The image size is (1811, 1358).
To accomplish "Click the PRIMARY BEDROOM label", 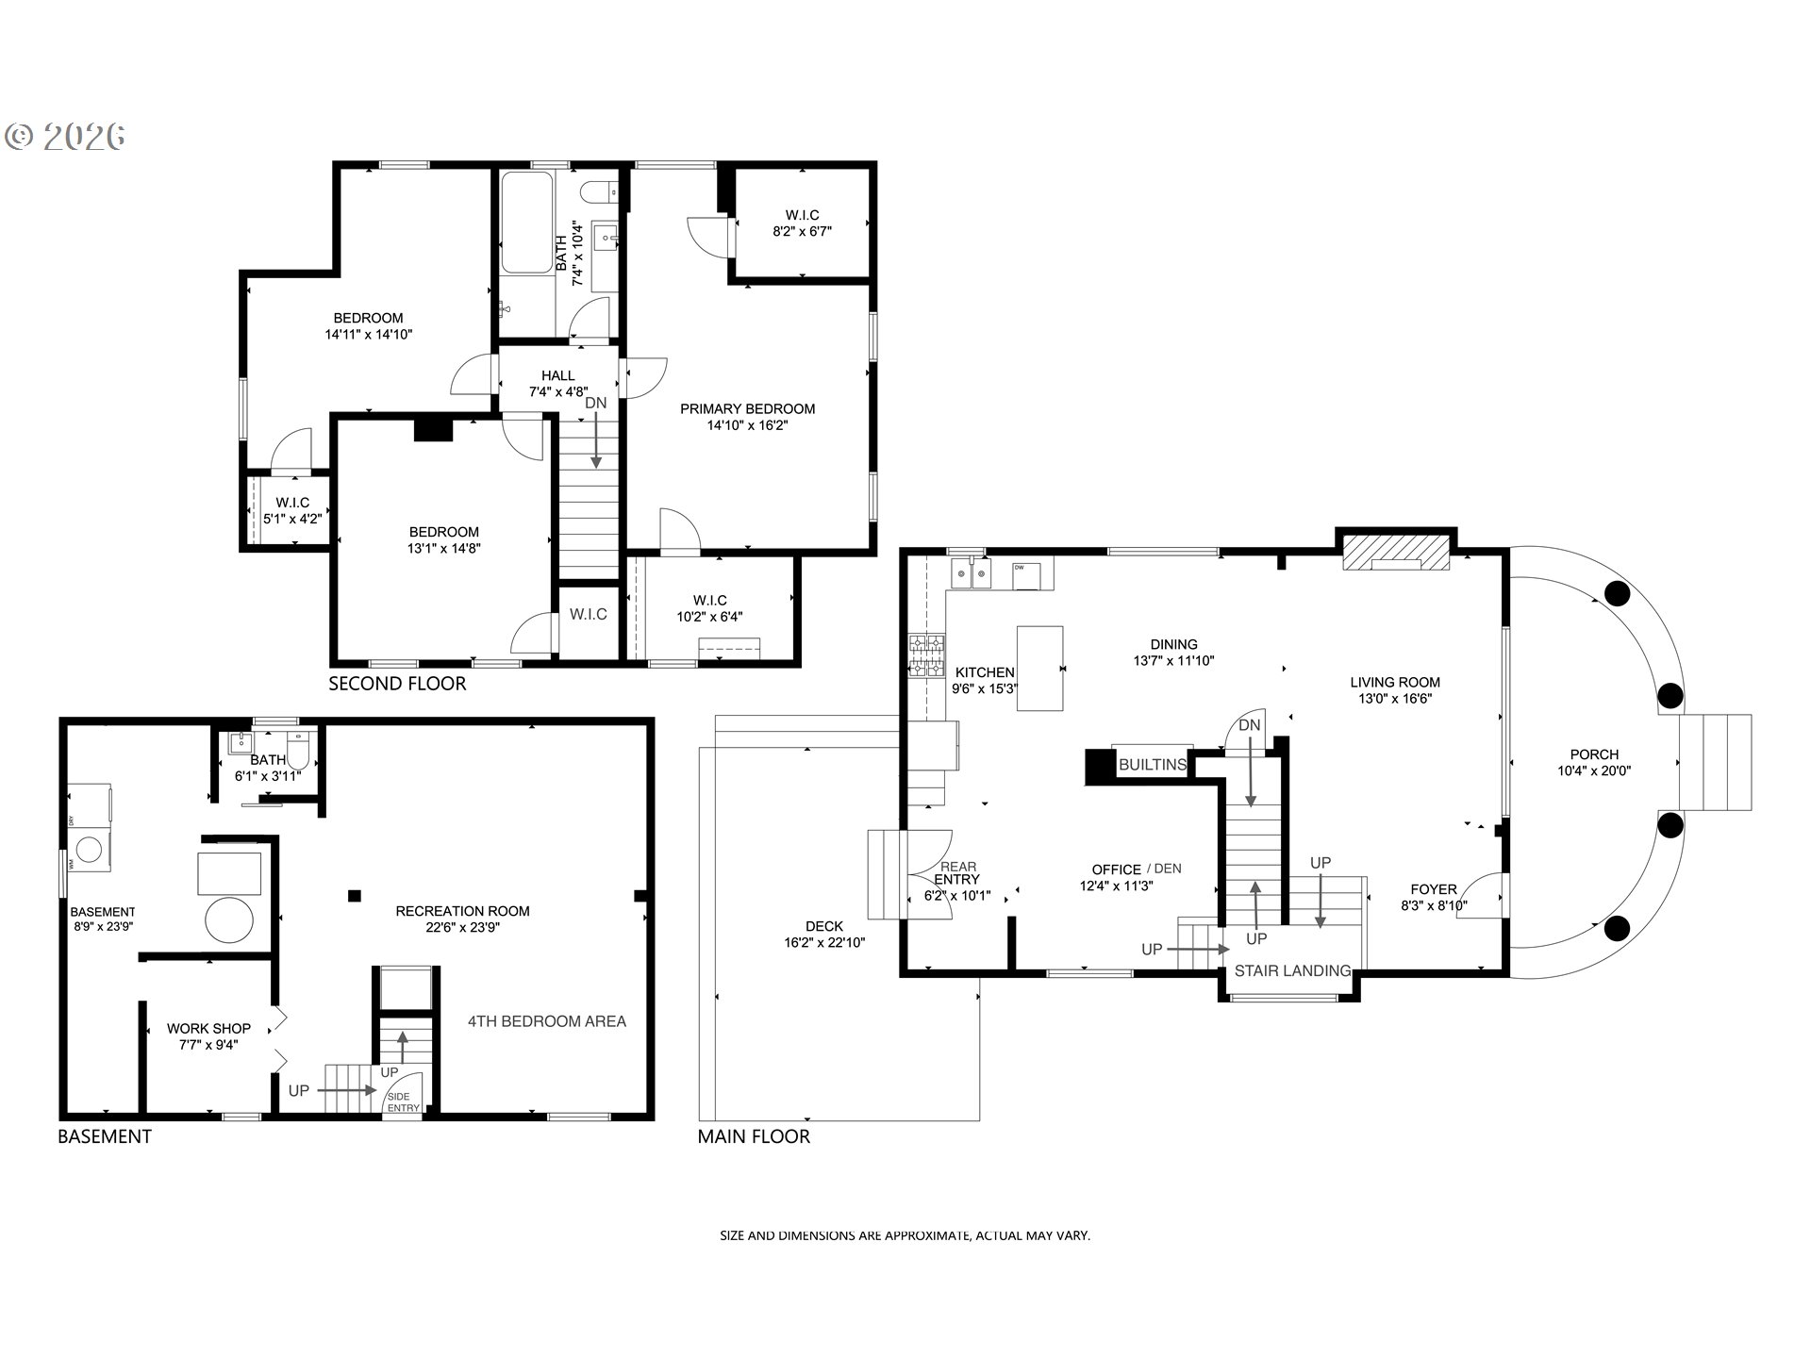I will [747, 408].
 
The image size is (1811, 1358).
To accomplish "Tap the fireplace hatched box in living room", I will [1395, 554].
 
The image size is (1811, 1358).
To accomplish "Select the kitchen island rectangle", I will [1039, 668].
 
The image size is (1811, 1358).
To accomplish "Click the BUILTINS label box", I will [1152, 764].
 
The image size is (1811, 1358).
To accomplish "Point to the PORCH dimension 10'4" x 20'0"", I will [1594, 770].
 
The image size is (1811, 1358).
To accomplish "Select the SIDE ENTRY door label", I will [403, 1101].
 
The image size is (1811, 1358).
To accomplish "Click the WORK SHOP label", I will [208, 1028].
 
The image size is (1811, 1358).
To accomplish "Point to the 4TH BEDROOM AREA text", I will [546, 1020].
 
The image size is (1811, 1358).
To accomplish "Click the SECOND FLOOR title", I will [397, 684].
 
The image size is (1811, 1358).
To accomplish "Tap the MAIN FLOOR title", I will [754, 1136].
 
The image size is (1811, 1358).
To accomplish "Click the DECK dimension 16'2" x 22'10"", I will [823, 942].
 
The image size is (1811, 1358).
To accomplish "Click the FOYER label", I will [1433, 889].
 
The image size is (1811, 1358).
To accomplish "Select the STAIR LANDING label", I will [1292, 970].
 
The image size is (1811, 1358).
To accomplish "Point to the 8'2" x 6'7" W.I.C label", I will [802, 231].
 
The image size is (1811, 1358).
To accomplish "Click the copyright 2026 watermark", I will [66, 138].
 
